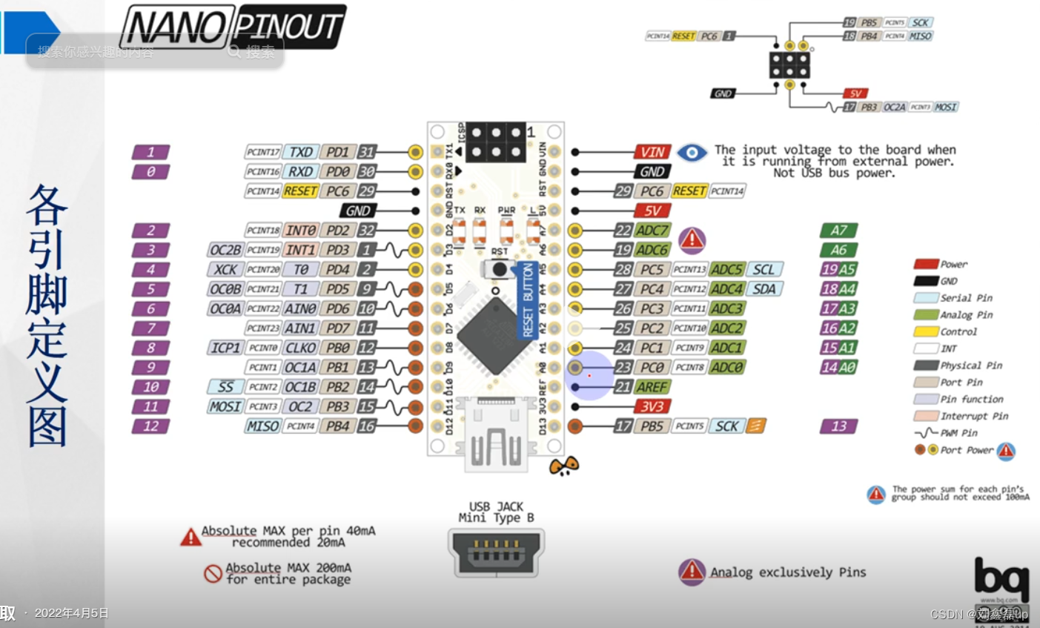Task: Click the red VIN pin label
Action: pos(652,152)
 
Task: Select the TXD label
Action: pos(300,152)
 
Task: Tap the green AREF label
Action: pos(652,387)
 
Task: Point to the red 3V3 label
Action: pos(652,406)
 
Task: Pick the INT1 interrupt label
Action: pos(300,250)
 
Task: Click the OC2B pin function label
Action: pos(225,250)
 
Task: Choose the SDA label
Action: pos(764,289)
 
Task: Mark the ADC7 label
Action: pos(652,231)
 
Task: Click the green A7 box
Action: pos(838,231)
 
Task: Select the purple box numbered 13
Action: pos(838,426)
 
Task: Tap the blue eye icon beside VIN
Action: pos(692,153)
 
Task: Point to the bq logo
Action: pos(1001,578)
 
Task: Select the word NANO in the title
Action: pos(176,28)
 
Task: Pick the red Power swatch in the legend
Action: pos(926,264)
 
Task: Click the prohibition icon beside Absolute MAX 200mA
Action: pos(213,573)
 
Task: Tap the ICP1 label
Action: pos(225,348)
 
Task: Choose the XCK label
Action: pos(225,270)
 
